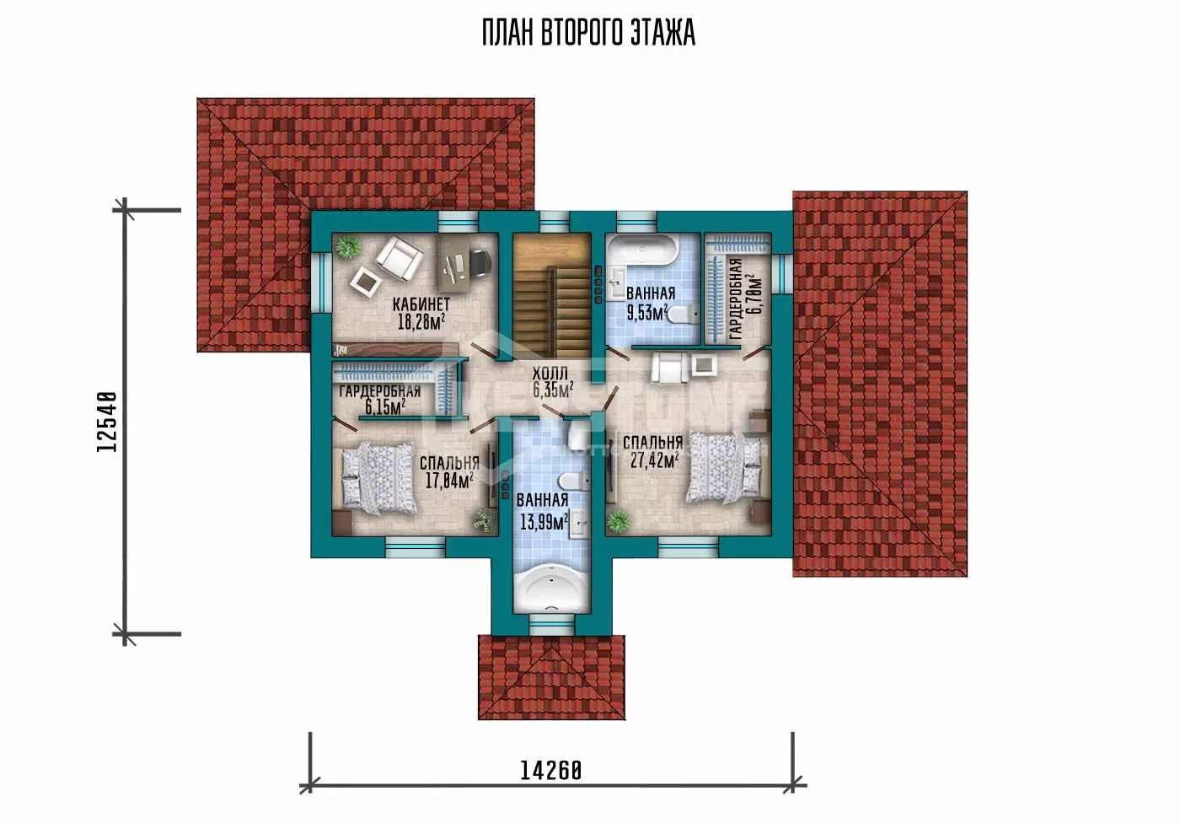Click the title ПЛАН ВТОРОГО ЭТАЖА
click(x=588, y=33)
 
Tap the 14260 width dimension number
click(x=551, y=771)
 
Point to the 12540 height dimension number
click(x=107, y=422)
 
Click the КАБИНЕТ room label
click(x=421, y=304)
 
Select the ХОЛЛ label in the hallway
click(x=550, y=374)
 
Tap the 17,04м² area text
click(x=448, y=481)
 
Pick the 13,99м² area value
click(x=544, y=522)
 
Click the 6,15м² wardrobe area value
click(x=385, y=406)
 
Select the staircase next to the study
click(x=551, y=296)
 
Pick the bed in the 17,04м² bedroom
click(x=378, y=478)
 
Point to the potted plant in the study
click(x=347, y=246)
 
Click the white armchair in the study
click(x=400, y=258)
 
